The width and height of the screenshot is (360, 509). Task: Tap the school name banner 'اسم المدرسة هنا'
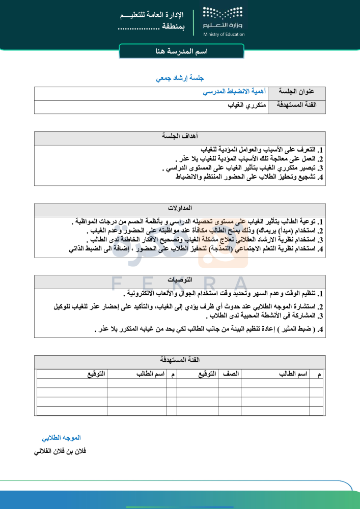181,52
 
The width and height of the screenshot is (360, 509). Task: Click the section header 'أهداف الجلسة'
180,137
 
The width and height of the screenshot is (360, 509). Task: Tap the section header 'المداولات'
180,209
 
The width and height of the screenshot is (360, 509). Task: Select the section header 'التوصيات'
180,280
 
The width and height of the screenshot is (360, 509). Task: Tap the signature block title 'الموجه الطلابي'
61,438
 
